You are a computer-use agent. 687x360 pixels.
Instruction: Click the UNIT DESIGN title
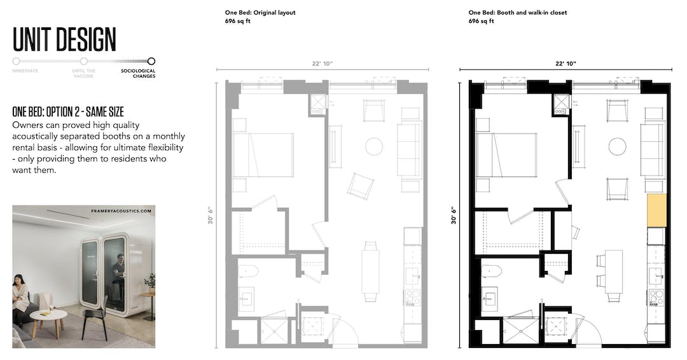(x=64, y=39)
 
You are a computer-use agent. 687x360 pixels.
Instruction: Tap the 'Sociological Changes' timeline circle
(x=151, y=62)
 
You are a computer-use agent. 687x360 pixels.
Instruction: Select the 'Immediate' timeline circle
(x=16, y=62)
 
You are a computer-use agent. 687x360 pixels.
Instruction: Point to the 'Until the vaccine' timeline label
(x=84, y=73)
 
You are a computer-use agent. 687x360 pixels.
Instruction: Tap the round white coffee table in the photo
(x=48, y=316)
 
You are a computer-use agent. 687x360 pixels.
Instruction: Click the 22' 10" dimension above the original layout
(x=323, y=64)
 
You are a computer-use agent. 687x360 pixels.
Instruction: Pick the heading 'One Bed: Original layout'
(x=260, y=13)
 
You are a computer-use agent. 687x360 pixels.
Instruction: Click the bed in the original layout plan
(x=263, y=155)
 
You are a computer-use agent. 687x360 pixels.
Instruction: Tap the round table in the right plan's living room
(x=617, y=147)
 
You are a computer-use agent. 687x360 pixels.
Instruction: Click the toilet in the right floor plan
(x=492, y=271)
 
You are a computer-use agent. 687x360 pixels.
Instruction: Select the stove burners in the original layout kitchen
(x=412, y=297)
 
